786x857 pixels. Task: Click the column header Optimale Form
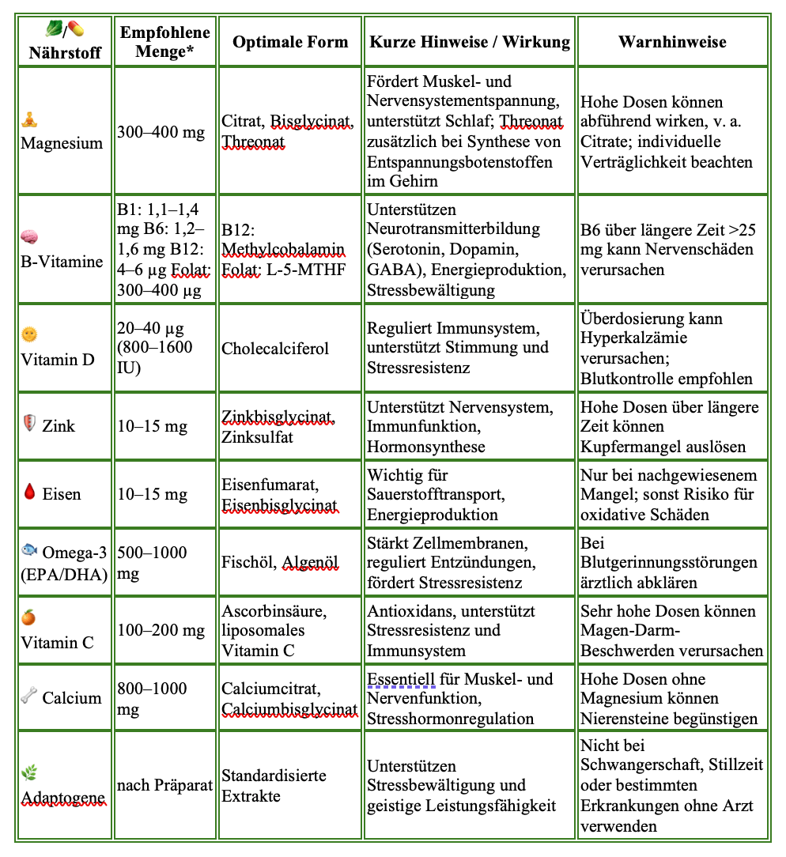(x=290, y=42)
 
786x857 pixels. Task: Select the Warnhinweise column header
(x=672, y=42)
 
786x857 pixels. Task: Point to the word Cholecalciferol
(x=275, y=349)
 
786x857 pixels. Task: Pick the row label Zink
(x=59, y=426)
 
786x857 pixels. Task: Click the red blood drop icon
(x=29, y=494)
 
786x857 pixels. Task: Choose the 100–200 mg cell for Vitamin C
(x=161, y=631)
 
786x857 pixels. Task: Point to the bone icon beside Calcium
(x=28, y=697)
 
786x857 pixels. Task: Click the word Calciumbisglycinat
(x=289, y=709)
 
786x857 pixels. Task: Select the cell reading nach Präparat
(x=164, y=786)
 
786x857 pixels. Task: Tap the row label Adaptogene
(x=63, y=797)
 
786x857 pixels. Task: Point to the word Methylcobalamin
(x=283, y=250)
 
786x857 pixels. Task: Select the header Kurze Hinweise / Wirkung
(x=470, y=42)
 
